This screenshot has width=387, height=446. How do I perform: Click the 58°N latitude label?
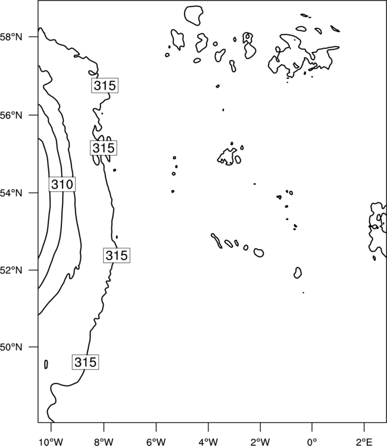click(11, 37)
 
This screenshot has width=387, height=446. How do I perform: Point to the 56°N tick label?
click(11, 115)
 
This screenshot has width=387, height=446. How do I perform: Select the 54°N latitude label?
click(11, 193)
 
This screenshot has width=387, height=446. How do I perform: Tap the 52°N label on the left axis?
click(11, 270)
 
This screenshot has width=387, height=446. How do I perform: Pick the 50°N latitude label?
click(11, 347)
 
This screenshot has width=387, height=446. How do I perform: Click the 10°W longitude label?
click(51, 442)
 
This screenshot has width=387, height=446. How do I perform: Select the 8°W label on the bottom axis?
click(104, 442)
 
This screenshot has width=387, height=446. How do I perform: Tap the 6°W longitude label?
click(156, 442)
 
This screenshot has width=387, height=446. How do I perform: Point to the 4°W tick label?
click(208, 442)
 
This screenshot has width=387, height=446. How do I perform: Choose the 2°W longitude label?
click(260, 442)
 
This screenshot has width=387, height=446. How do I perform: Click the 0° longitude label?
click(312, 442)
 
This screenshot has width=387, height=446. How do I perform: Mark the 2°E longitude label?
click(364, 442)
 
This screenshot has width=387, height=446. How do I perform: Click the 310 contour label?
click(62, 184)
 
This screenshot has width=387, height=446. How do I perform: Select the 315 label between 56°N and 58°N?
click(105, 85)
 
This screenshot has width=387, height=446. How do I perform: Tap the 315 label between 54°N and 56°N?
click(104, 147)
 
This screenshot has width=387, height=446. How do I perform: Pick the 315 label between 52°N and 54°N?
click(117, 255)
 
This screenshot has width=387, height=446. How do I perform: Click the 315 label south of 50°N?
click(85, 362)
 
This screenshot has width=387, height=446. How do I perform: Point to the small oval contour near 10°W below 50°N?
click(46, 364)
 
